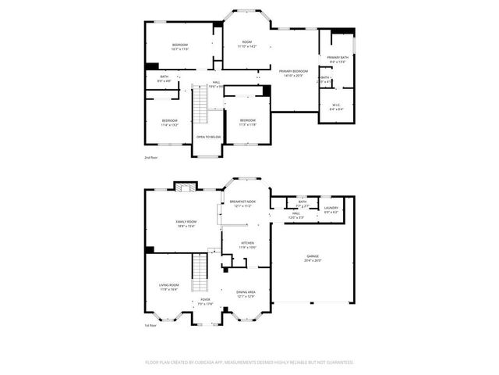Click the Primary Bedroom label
click(x=294, y=73)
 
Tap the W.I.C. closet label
click(x=337, y=106)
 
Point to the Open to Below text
click(x=208, y=137)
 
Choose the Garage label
click(x=312, y=259)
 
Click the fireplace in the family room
click(x=184, y=186)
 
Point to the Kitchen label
click(x=248, y=245)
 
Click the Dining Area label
click(x=246, y=294)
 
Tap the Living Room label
click(x=169, y=287)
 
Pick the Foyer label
click(x=205, y=302)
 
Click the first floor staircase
click(x=202, y=271)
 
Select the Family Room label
click(x=186, y=223)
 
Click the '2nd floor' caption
click(x=150, y=158)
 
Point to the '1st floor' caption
click(x=150, y=326)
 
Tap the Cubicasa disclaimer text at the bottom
click(x=249, y=362)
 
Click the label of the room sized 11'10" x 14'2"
click(x=247, y=45)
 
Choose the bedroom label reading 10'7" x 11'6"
click(x=180, y=47)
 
